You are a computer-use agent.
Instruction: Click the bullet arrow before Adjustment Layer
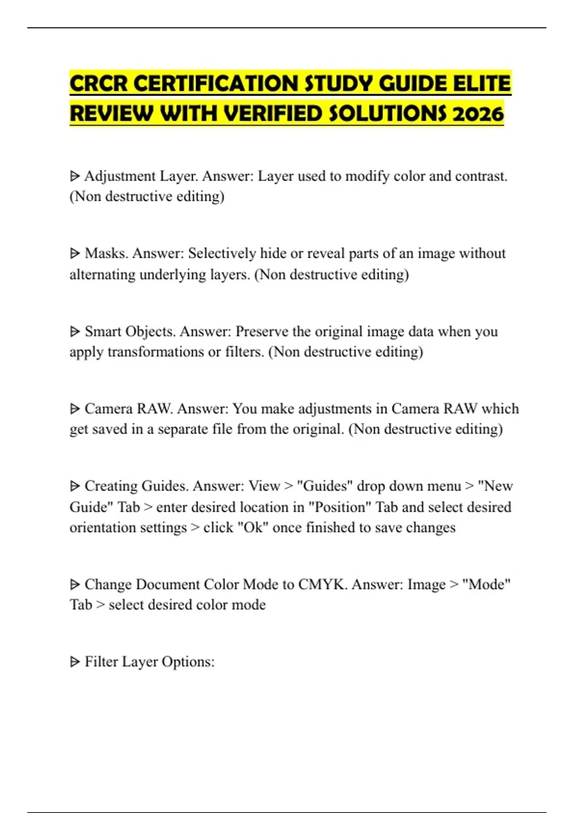[75, 176]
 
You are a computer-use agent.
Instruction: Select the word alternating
[102, 275]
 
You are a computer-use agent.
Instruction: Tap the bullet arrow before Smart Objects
[75, 331]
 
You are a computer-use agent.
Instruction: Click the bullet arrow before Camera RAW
[75, 409]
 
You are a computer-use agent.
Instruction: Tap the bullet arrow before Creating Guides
[75, 486]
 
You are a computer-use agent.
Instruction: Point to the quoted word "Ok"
[253, 527]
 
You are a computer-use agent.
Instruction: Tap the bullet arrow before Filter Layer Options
[75, 662]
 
